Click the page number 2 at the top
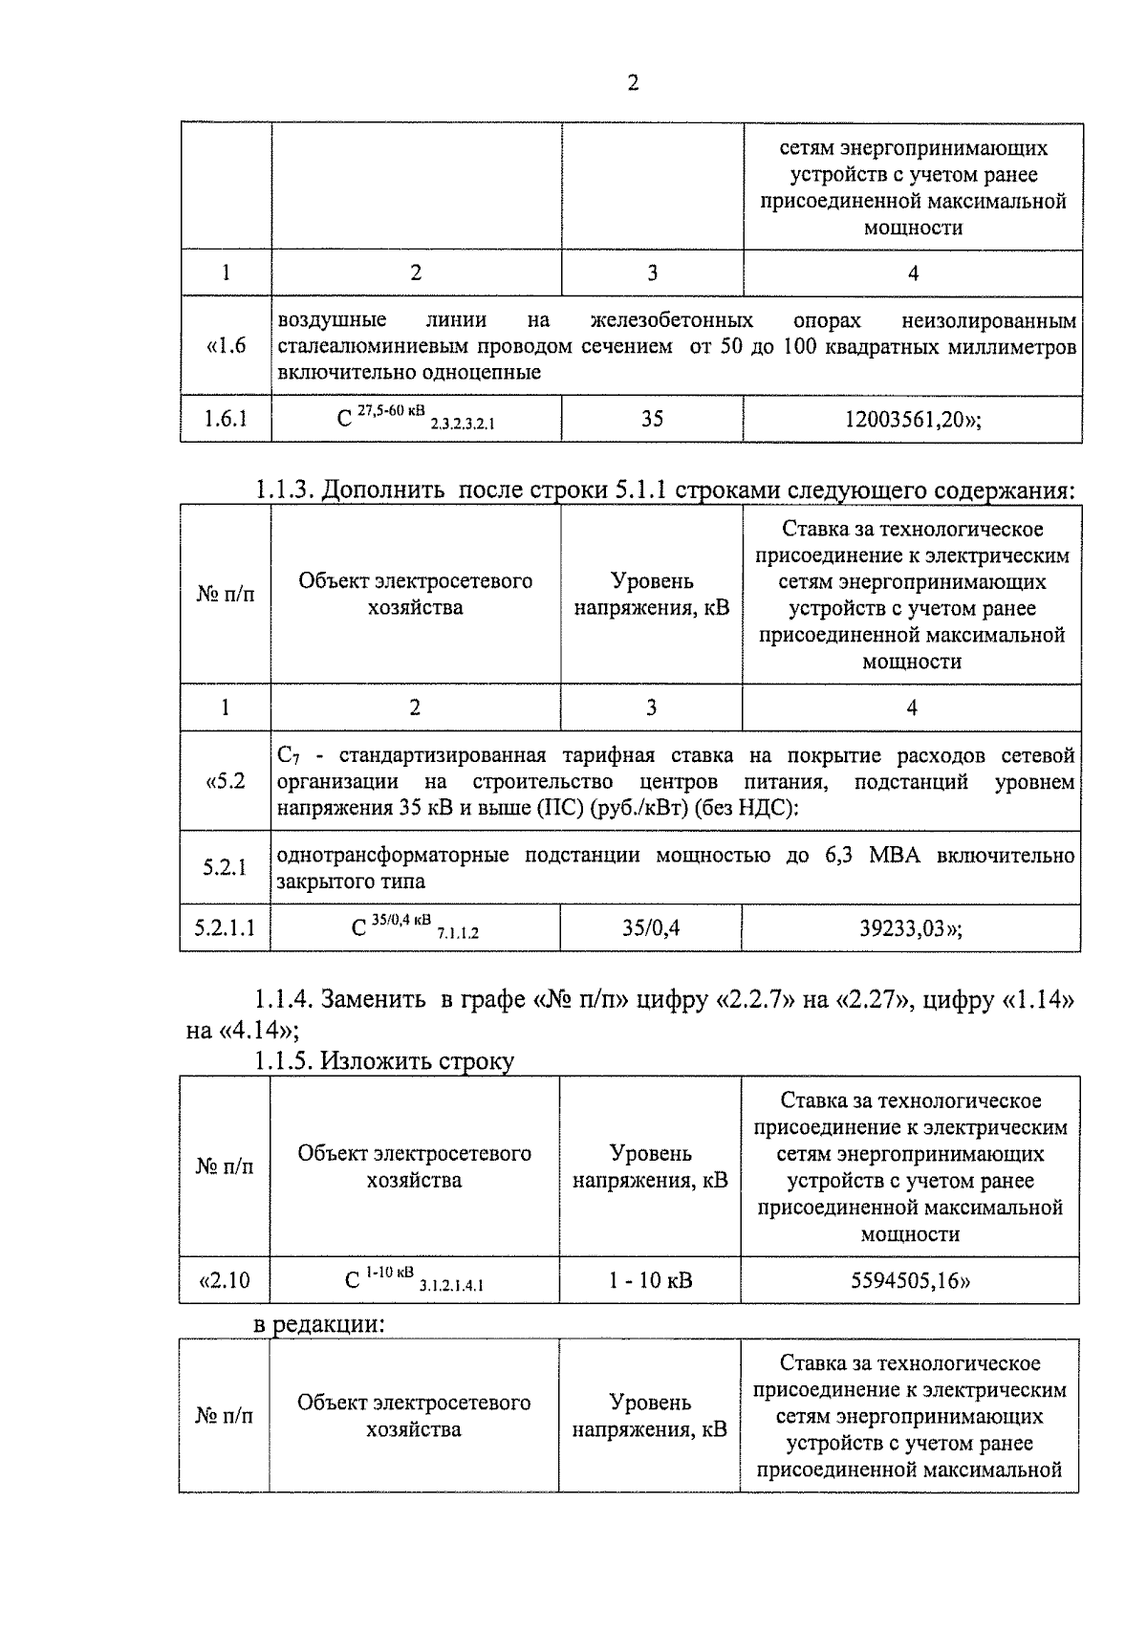633,83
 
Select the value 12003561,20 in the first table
912,419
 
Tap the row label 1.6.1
226,419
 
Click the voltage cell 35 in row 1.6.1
652,419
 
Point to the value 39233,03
910,927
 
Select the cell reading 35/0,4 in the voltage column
651,927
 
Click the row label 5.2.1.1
225,927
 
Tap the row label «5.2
226,781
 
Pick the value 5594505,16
910,1280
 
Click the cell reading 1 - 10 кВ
651,1280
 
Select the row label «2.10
225,1280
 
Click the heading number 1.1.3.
284,490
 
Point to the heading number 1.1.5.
283,1060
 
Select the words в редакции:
318,1325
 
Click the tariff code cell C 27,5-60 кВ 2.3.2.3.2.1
416,419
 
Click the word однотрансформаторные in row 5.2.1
392,855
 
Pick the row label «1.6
226,346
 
